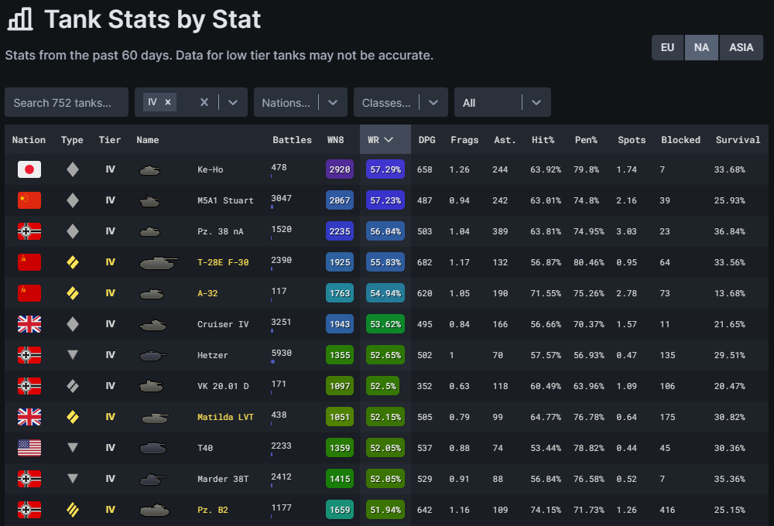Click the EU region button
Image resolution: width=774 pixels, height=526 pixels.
coord(667,47)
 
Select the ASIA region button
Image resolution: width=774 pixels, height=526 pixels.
coord(741,47)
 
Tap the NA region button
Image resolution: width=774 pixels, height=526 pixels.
coord(701,47)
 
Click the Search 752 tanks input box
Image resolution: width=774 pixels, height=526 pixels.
coord(67,102)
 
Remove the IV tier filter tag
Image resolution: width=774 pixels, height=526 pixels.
coord(168,102)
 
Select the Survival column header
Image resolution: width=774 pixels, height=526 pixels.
coord(738,140)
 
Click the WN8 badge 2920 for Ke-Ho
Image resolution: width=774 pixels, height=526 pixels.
coord(340,169)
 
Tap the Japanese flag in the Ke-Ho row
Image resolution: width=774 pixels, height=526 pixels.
coord(29,169)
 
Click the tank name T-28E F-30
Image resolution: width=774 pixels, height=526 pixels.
coord(223,262)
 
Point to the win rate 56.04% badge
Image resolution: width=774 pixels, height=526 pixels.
coord(385,231)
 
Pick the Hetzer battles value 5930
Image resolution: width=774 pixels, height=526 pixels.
coord(281,353)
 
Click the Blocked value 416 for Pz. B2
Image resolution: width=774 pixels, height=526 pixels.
coord(668,510)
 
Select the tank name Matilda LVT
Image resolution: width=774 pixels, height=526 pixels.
coord(226,417)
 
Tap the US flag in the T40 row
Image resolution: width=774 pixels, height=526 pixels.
coord(29,448)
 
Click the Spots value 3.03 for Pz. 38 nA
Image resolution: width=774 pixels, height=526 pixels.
coord(627,231)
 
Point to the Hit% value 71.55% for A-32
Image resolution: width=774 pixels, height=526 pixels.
coord(546,293)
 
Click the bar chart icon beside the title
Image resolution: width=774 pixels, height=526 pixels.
coord(20,19)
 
